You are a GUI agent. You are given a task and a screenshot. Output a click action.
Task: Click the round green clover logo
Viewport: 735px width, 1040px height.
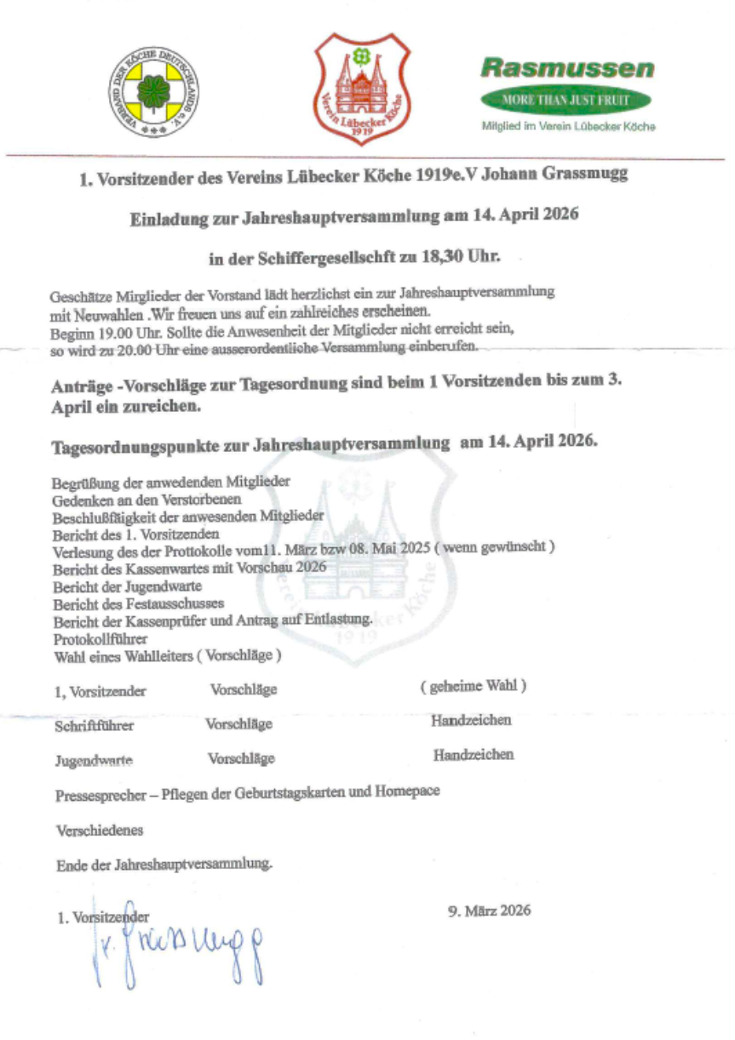(152, 90)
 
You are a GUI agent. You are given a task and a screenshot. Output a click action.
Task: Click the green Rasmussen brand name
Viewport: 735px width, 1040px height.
(567, 68)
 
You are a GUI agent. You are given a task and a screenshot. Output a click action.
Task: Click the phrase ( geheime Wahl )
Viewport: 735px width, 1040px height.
(473, 686)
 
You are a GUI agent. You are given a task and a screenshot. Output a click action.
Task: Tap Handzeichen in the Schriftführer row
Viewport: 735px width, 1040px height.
(471, 722)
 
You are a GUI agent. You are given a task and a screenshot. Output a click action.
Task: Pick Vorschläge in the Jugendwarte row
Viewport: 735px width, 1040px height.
(241, 758)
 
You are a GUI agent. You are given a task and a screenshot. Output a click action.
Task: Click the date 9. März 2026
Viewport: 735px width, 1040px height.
(489, 911)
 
